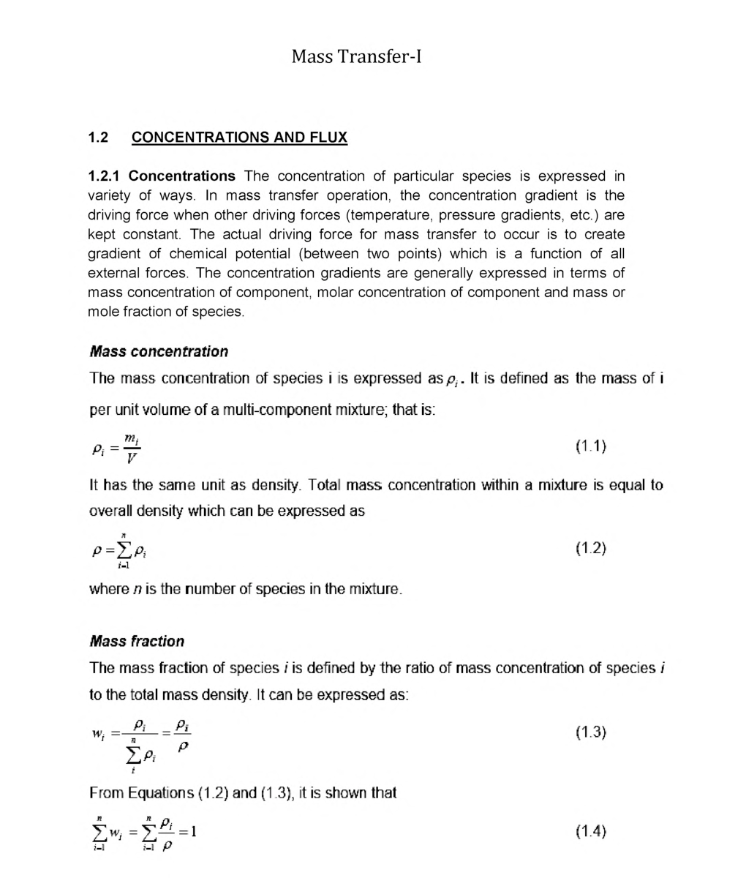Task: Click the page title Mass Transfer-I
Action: tap(356, 56)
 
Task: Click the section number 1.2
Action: tap(98, 138)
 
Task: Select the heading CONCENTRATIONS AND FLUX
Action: tap(239, 138)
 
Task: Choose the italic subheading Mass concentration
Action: tap(159, 351)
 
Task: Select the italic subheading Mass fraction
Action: tap(137, 641)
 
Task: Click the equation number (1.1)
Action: tap(591, 446)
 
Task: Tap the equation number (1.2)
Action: tap(591, 548)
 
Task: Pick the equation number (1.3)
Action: tap(591, 732)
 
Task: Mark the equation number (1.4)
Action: tap(591, 830)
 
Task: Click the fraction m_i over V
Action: tap(131, 447)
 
